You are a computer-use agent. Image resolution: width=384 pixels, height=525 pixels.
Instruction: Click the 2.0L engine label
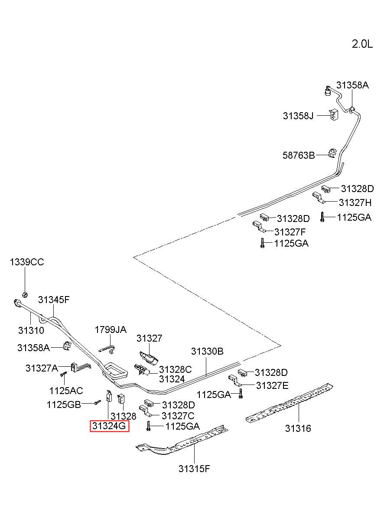362,44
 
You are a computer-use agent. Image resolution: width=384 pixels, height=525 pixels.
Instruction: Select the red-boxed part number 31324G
109,426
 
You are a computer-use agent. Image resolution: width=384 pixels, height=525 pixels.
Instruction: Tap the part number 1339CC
27,262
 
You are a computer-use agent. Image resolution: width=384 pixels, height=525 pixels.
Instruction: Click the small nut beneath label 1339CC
25,294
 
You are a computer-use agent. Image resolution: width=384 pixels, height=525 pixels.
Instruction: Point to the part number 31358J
298,116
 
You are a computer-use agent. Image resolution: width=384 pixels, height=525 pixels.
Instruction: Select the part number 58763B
299,155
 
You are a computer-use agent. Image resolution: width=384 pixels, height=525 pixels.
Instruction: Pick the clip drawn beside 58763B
332,153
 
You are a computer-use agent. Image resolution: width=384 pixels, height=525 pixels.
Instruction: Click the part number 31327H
355,202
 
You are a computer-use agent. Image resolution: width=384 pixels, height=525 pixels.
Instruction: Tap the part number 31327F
290,232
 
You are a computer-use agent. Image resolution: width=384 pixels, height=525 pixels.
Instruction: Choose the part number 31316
298,428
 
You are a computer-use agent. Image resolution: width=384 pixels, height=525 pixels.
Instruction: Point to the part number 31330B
207,351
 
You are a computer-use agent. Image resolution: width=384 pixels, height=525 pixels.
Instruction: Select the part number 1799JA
111,330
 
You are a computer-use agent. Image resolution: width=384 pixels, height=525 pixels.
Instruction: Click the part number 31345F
54,300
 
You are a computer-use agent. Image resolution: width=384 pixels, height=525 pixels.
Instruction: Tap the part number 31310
31,330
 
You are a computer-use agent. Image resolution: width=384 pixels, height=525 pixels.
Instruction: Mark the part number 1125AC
66,391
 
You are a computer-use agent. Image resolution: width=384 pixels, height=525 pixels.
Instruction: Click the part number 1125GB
64,404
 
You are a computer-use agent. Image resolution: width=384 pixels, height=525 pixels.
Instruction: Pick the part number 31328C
176,369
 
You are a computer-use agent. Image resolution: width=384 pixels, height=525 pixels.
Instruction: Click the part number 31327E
272,385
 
